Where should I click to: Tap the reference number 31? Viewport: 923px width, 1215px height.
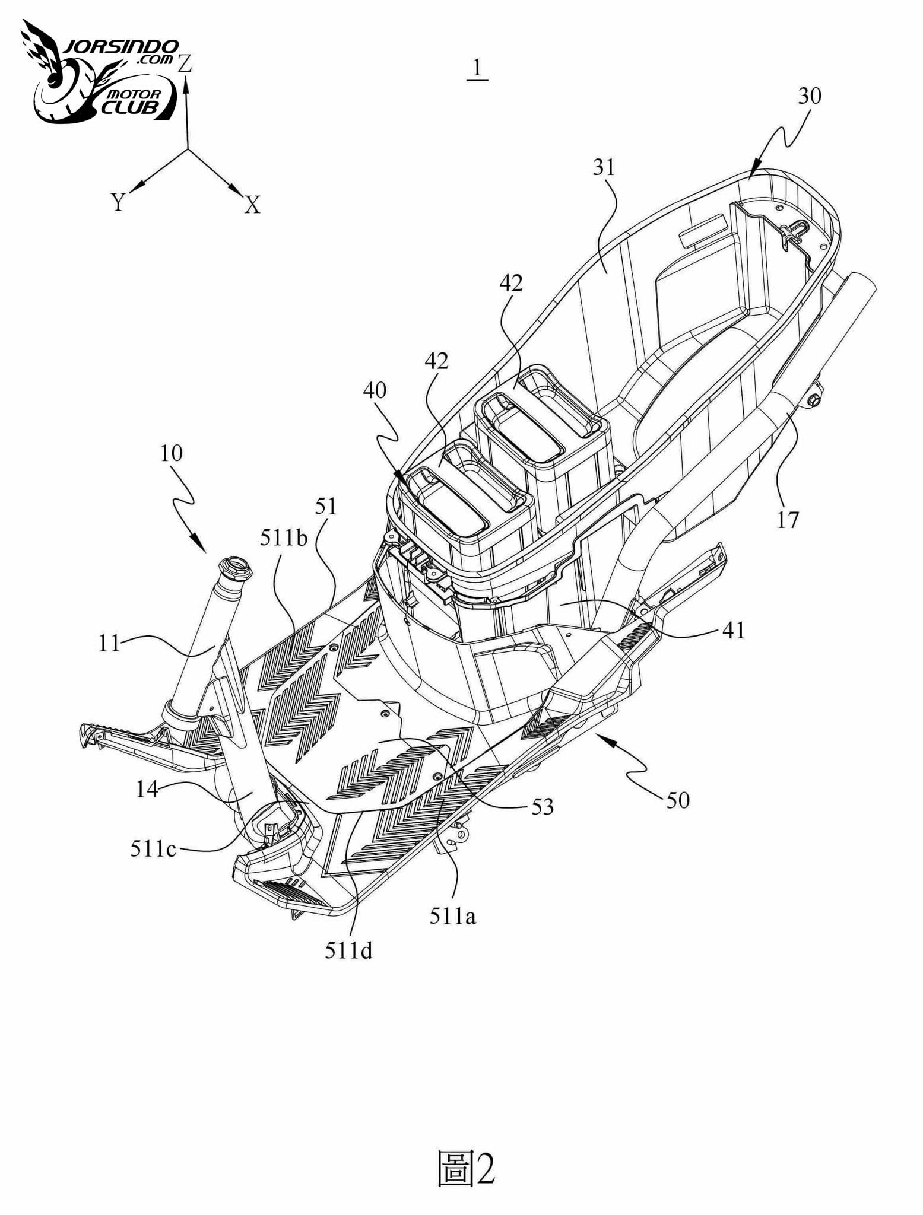pos(604,168)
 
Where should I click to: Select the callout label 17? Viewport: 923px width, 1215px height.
pos(788,520)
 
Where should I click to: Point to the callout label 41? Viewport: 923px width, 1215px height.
pos(733,630)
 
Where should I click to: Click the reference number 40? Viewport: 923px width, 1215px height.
pos(374,390)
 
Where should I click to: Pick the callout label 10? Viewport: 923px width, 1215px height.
pos(171,454)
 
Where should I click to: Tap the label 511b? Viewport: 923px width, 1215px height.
pos(284,538)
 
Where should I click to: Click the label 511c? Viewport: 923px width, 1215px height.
pos(153,849)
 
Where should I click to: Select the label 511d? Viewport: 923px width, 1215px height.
pos(348,951)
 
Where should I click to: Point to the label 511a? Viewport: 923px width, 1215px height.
pos(453,917)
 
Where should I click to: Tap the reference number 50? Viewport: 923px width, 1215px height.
pos(677,801)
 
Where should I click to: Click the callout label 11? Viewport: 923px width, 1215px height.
pos(109,643)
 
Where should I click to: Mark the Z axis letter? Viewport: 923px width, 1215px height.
pos(185,63)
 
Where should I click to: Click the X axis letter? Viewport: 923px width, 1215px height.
pos(253,205)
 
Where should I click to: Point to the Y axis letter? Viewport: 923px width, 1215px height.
pos(118,202)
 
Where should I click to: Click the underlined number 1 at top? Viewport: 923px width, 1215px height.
pos(477,71)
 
